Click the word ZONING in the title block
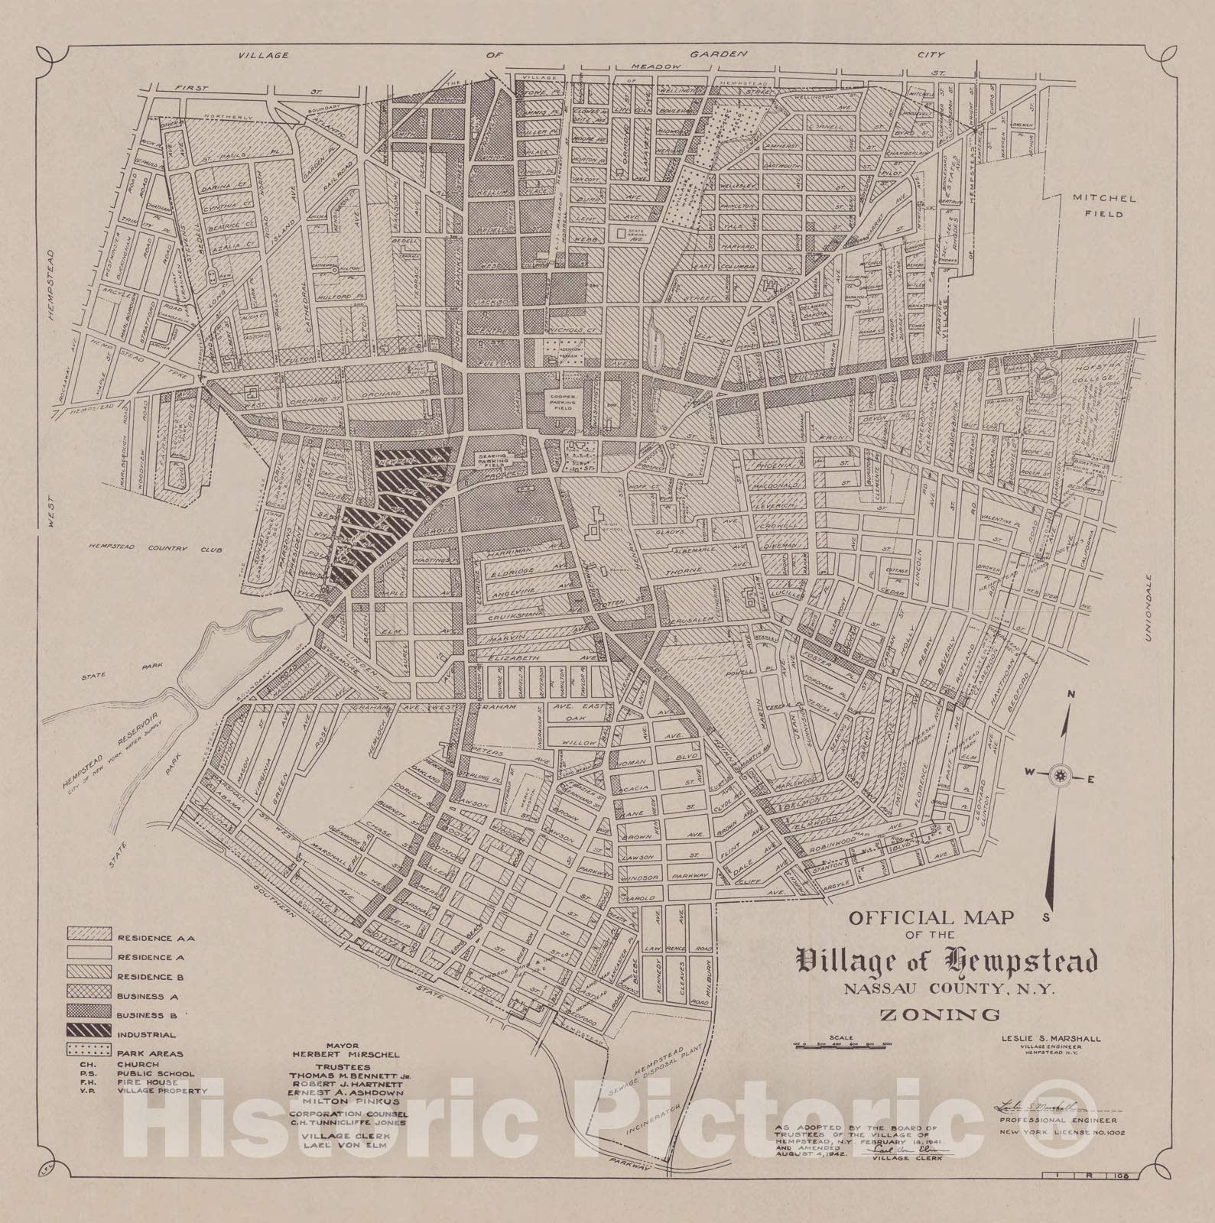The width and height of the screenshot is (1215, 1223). (x=941, y=1015)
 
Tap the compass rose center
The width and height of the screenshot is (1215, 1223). (x=1059, y=777)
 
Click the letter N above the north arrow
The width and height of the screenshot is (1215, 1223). (x=1072, y=694)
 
